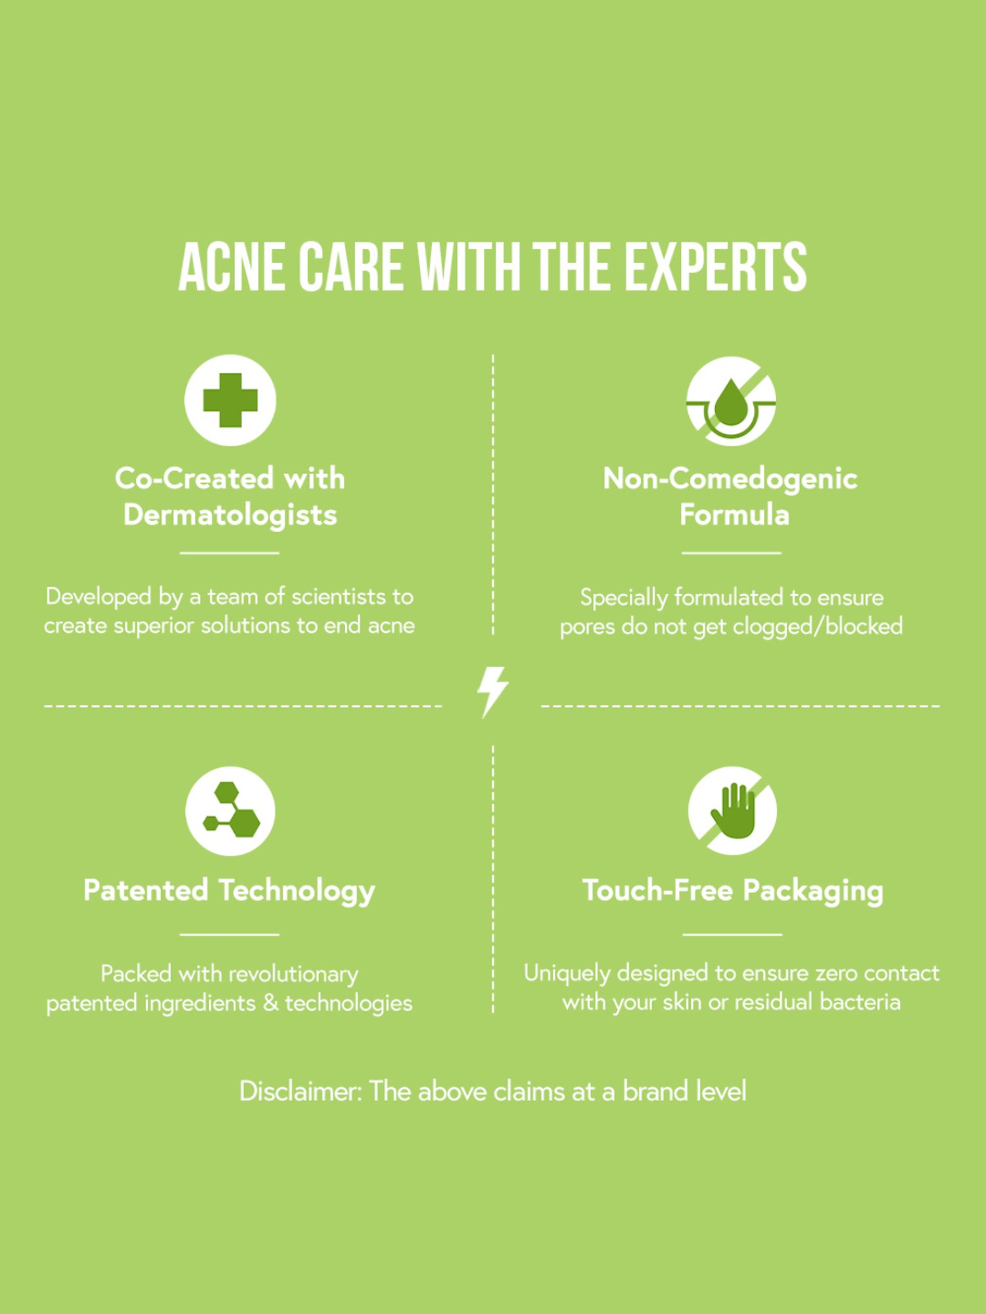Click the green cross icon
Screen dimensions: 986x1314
pos(230,400)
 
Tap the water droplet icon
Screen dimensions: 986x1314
pos(731,401)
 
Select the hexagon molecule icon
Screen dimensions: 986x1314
pos(230,811)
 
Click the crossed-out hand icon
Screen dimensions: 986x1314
pos(732,811)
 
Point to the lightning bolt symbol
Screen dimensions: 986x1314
pos(492,692)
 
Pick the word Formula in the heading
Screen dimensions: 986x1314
pos(734,514)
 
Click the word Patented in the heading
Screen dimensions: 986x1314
pos(146,890)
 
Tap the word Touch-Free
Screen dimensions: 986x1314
pos(657,890)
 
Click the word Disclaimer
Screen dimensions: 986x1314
pos(300,1091)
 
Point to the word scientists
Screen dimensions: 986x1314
pos(338,597)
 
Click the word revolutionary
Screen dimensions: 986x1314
pos(288,974)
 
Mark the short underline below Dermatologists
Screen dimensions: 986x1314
pos(229,553)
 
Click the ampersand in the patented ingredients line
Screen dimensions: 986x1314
pos(270,1003)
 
